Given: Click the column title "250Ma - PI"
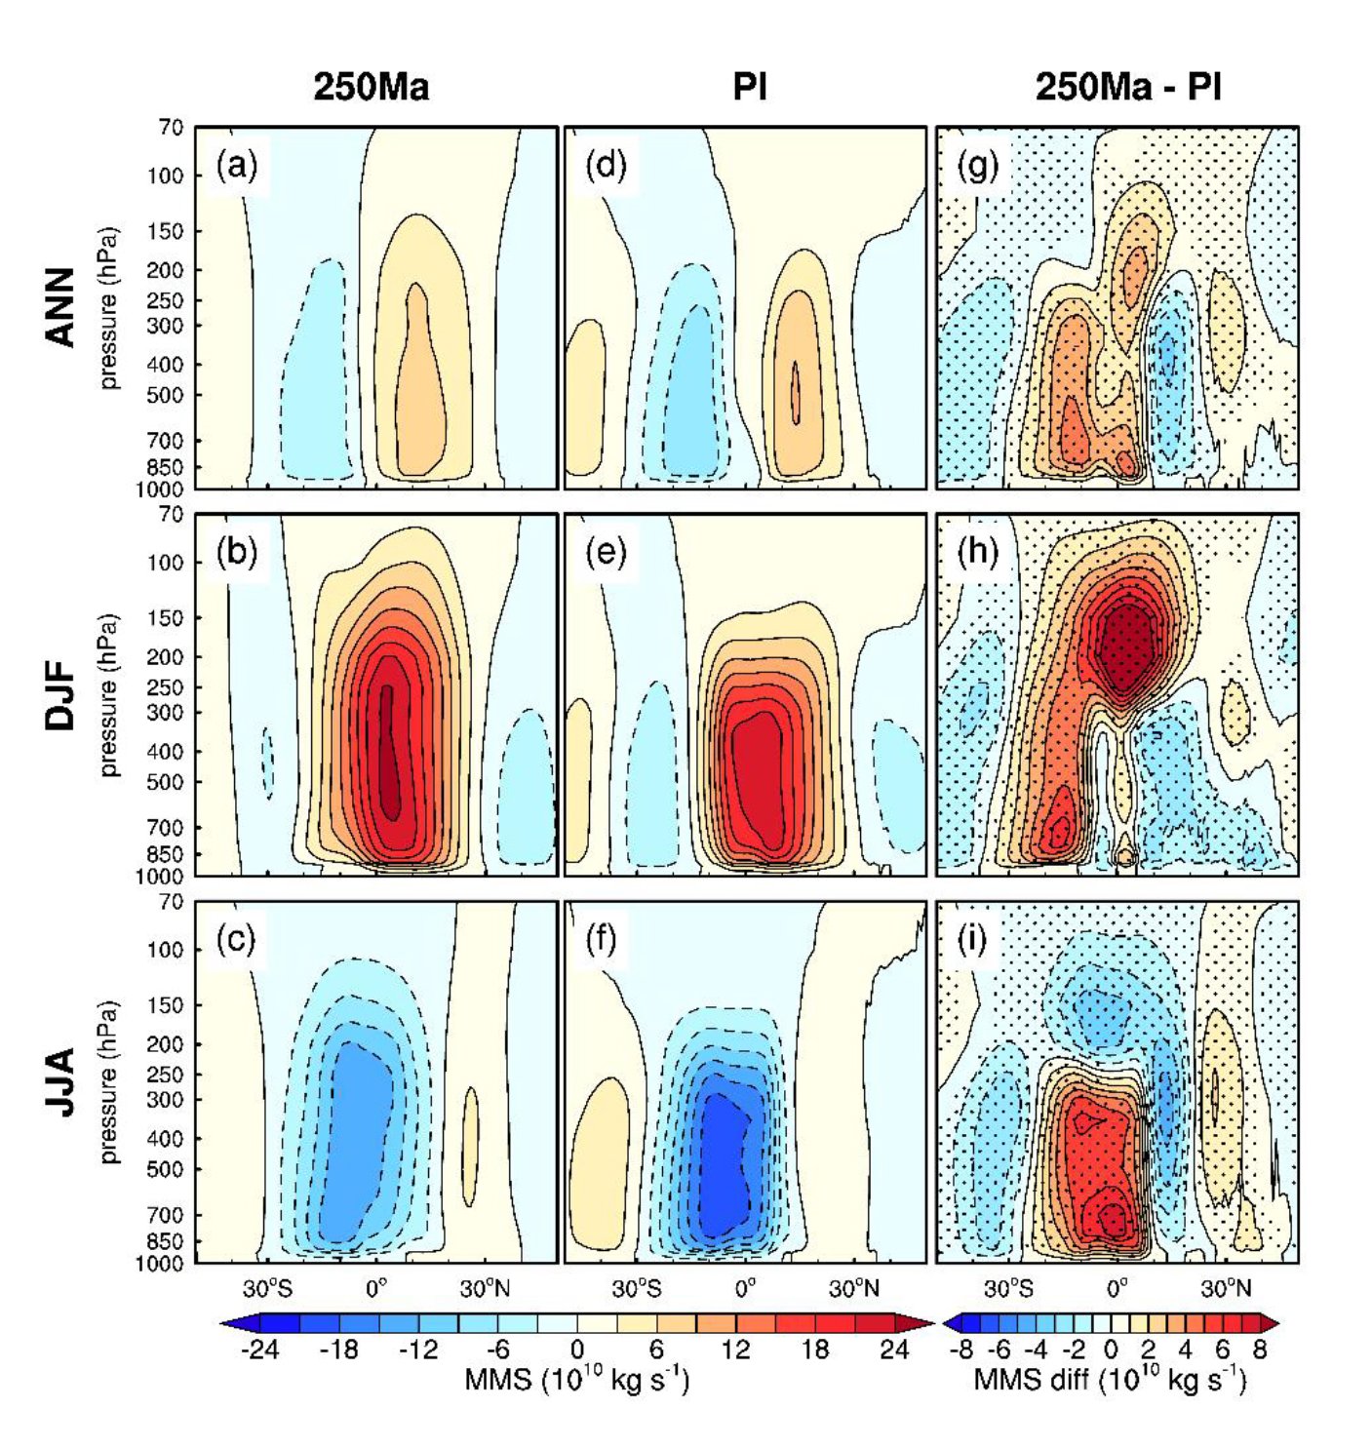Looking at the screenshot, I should point(1127,88).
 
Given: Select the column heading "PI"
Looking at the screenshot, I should point(749,88).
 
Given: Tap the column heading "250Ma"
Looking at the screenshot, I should point(371,88).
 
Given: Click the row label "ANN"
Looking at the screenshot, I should point(60,307).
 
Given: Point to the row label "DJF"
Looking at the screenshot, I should point(60,695).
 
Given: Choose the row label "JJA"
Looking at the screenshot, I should point(60,1082).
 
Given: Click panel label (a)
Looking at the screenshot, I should point(237,165).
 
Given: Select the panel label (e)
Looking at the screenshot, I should point(606,552).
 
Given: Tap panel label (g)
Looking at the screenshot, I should point(978,165).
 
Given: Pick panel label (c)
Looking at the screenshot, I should point(236,939).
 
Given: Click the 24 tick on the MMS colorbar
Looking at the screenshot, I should point(893,1350).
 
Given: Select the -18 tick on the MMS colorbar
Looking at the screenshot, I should point(338,1350).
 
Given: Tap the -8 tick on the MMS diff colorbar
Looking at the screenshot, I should point(960,1350).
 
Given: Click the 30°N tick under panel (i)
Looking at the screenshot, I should point(1226,1289).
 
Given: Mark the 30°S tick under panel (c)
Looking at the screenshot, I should point(267,1289).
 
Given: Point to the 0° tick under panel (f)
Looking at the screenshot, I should point(746,1289).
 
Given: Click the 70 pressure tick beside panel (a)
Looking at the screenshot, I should point(171,128).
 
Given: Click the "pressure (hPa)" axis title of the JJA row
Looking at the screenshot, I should point(109,1082).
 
